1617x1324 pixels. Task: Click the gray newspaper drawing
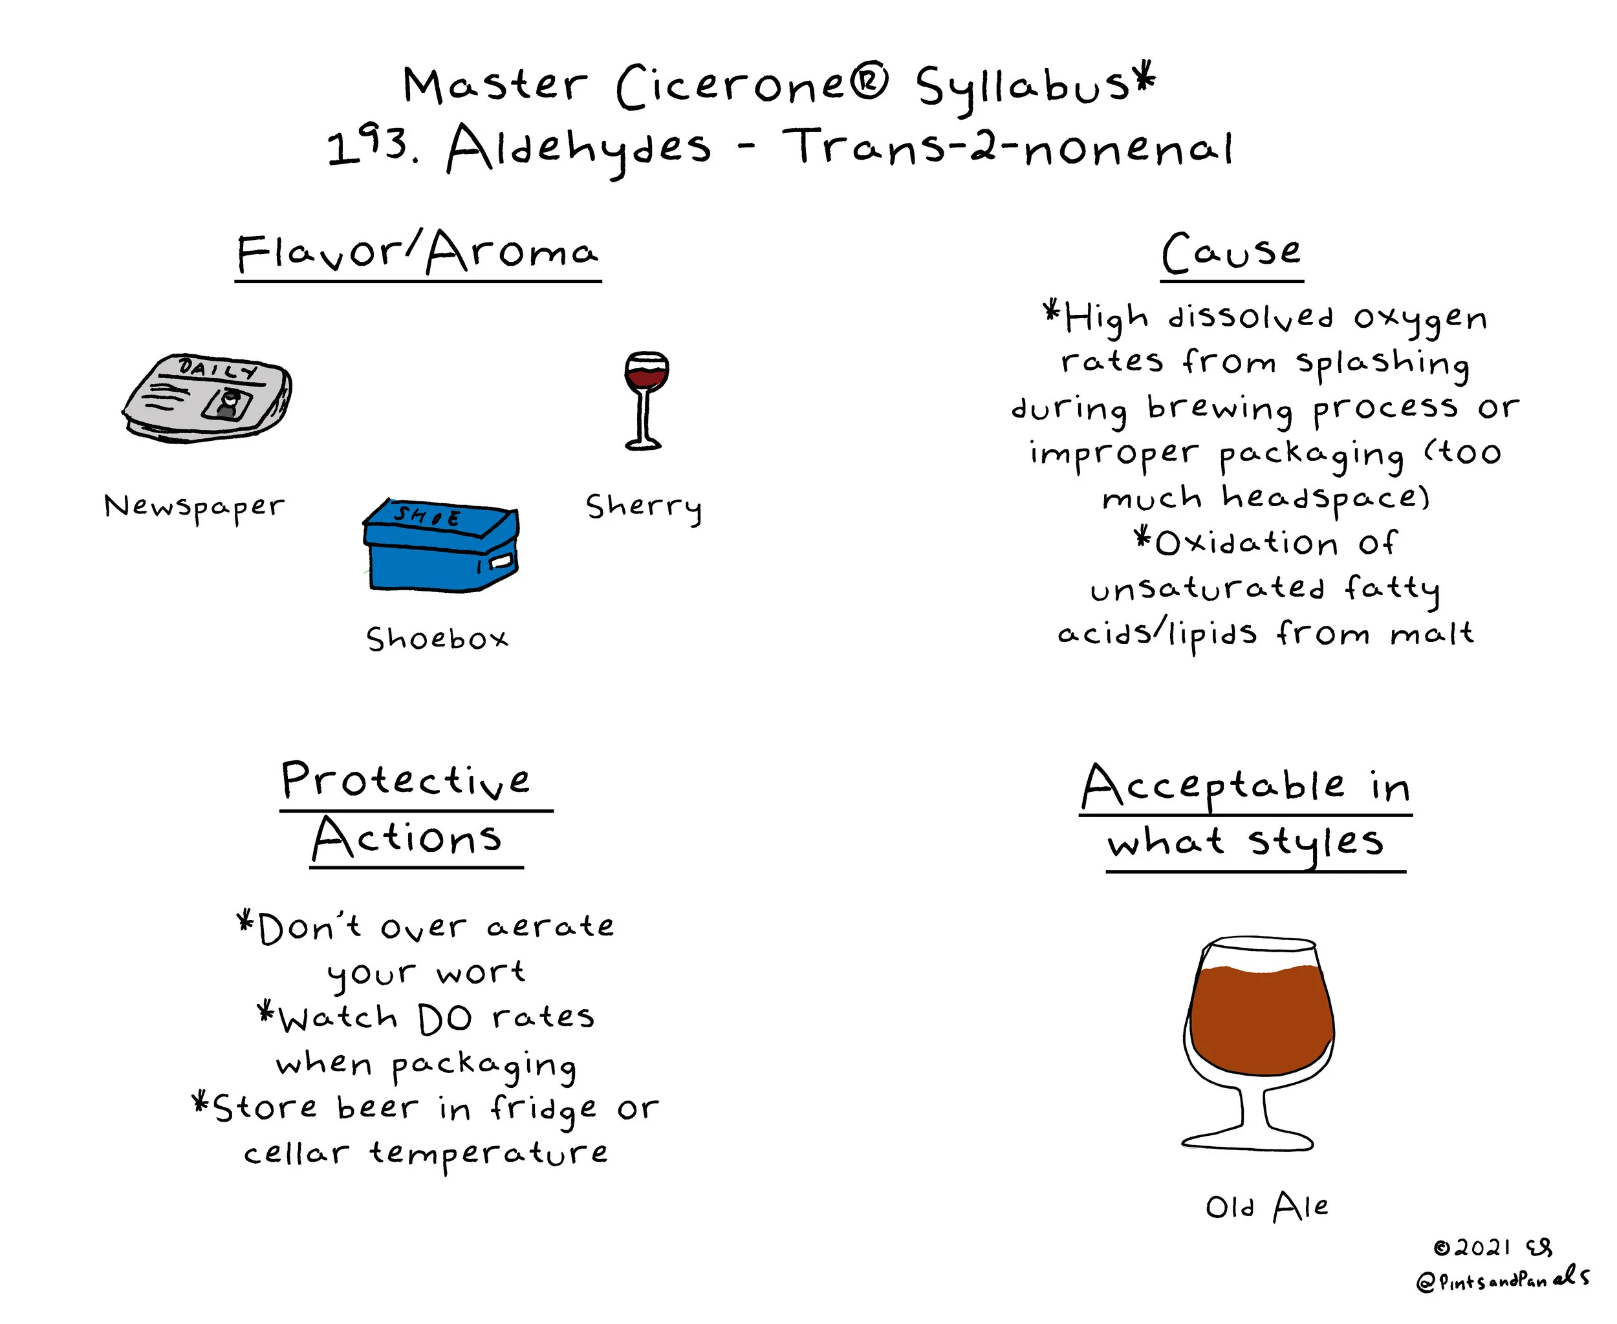pyautogui.click(x=208, y=398)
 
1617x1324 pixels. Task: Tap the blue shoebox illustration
pyautogui.click(x=441, y=546)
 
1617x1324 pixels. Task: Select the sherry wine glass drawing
pyautogui.click(x=646, y=400)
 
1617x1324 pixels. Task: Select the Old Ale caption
pyautogui.click(x=1266, y=1208)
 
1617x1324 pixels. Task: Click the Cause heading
pyautogui.click(x=1231, y=253)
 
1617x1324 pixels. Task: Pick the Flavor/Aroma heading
pyautogui.click(x=417, y=253)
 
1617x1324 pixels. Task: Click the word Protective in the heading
pyautogui.click(x=405, y=780)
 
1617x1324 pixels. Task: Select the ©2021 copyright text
pyautogui.click(x=1472, y=1248)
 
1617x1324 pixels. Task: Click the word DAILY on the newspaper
pyautogui.click(x=217, y=370)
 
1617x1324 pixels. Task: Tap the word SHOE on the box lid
pyautogui.click(x=428, y=517)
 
